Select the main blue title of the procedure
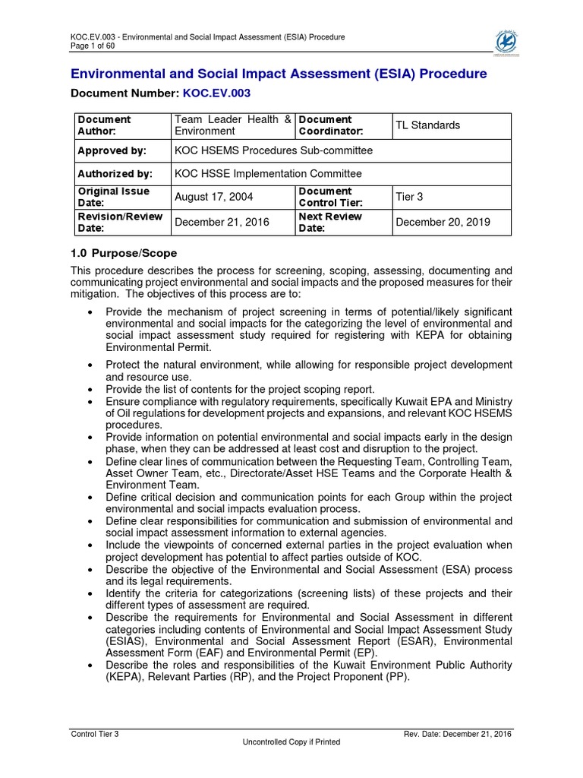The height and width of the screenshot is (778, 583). point(279,74)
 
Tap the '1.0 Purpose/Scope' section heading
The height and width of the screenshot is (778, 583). point(124,252)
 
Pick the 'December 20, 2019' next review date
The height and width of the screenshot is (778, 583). point(443,223)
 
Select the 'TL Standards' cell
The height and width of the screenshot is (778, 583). point(427,125)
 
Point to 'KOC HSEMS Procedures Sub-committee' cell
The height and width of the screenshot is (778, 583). point(273,150)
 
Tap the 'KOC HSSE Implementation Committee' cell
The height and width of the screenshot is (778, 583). point(268,174)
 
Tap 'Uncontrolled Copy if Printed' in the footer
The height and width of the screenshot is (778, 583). point(291,742)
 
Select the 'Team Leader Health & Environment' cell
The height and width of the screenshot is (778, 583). point(232,125)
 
